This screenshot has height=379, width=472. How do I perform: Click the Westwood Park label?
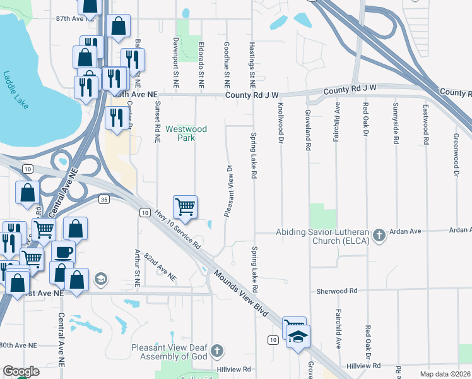tap(186, 133)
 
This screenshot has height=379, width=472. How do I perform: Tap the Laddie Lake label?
tap(15, 90)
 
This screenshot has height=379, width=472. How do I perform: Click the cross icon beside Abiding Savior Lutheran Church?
tap(379, 236)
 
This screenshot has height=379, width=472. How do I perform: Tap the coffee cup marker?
tap(63, 251)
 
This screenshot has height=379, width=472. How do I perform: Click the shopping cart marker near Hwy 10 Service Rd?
tap(185, 207)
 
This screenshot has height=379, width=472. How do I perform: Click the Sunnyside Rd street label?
tap(396, 124)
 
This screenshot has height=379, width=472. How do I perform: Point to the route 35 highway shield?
tap(105, 199)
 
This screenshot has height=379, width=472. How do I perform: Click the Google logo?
tap(21, 371)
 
